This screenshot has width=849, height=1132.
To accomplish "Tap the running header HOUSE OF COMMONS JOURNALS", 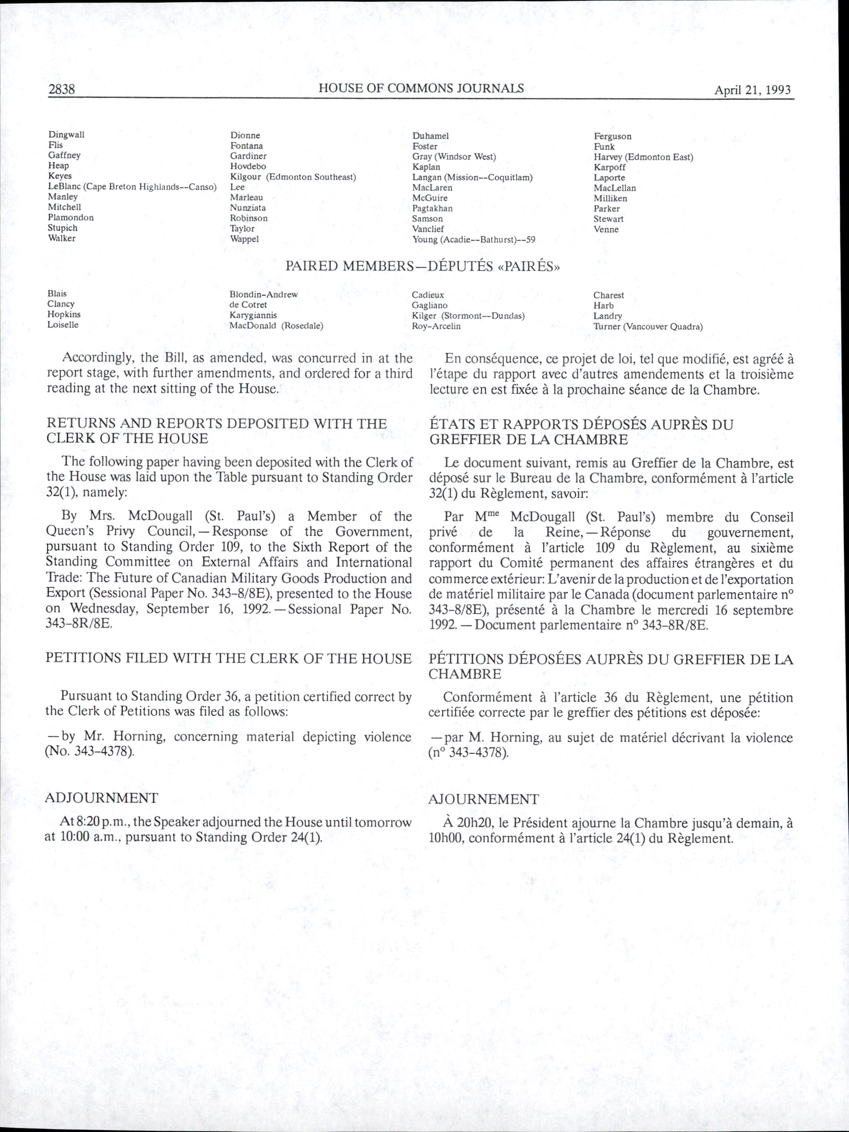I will click(421, 88).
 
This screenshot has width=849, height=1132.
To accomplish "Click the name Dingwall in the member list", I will click(66, 135).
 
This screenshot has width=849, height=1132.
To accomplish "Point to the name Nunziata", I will click(248, 208).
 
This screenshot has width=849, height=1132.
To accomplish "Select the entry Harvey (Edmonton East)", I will click(643, 157).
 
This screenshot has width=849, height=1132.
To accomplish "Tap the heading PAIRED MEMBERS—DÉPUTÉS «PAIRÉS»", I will click(422, 267).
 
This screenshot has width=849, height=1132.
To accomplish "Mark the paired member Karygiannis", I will click(253, 315).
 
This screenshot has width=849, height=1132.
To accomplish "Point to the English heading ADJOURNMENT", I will click(102, 798).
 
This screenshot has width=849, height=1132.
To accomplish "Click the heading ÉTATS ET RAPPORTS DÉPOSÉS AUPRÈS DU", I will click(581, 425).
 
